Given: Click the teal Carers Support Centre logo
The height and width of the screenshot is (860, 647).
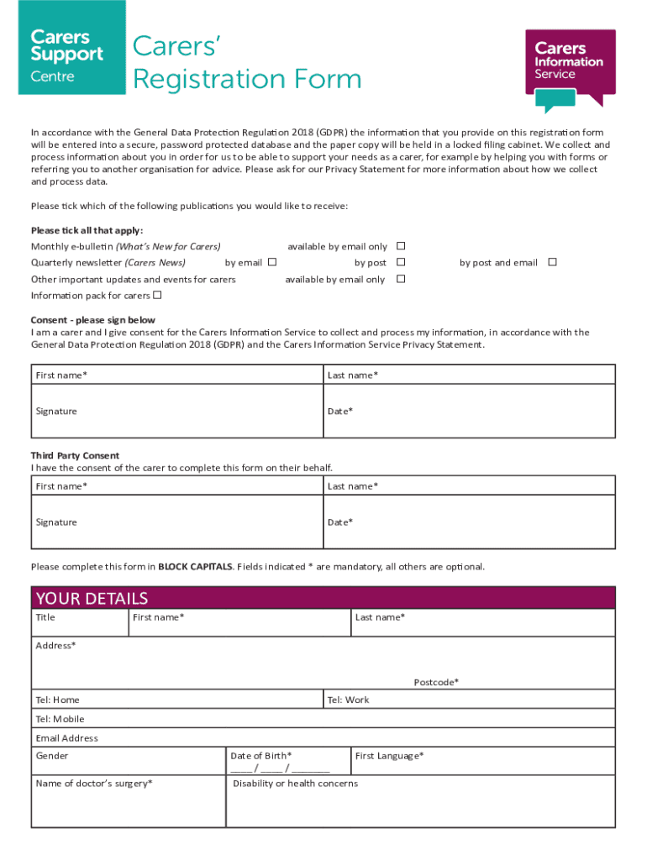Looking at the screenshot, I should click(71, 48).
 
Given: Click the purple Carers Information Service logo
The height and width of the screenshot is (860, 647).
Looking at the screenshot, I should click(570, 65).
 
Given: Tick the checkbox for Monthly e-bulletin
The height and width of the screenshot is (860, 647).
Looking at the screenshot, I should click(401, 246).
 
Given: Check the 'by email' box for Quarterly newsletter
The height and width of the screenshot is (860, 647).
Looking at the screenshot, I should click(271, 262).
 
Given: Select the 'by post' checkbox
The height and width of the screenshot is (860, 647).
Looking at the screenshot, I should click(401, 262).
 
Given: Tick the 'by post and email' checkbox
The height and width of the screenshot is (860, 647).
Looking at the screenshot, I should click(552, 262).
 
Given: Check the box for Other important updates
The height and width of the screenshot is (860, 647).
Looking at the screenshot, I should click(401, 279).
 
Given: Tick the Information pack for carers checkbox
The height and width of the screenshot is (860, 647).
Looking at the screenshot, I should click(157, 295).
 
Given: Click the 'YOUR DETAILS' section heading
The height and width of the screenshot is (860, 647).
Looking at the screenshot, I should click(92, 598).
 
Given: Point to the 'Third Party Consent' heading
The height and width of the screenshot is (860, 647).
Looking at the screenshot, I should click(75, 455).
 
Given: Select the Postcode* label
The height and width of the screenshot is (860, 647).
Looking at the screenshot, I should click(436, 682).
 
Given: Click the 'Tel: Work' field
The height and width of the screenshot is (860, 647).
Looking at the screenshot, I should click(469, 700).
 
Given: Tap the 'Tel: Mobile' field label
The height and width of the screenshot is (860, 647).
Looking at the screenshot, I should click(60, 719).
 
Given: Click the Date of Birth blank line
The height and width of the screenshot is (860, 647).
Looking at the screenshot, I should click(280, 768).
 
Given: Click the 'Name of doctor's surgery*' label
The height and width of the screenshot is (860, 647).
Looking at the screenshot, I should click(93, 784).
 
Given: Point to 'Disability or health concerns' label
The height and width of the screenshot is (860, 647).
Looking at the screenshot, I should click(295, 784).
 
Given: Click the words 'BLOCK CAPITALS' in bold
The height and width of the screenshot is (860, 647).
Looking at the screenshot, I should click(194, 567).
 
